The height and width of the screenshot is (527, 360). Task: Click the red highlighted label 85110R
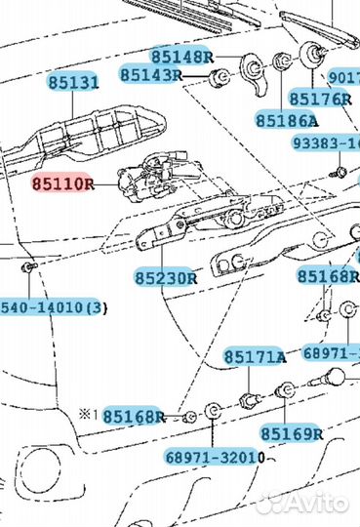point(61,182)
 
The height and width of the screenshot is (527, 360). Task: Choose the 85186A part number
point(287,120)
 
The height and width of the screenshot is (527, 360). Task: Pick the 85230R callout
point(167,276)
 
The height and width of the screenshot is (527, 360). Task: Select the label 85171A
point(255,356)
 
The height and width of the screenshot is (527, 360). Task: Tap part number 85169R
point(291,431)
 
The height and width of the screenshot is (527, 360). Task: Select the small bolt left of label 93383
point(338,174)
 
